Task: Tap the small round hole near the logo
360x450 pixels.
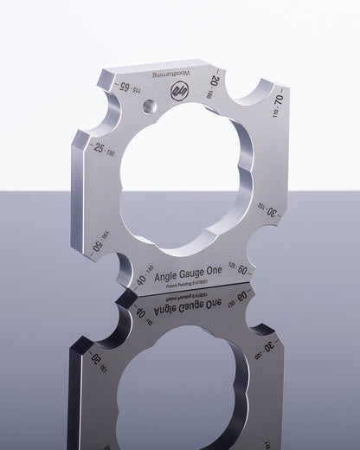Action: [151, 106]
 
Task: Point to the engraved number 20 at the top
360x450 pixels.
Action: [215, 80]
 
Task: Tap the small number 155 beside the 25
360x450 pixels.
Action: [111, 153]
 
